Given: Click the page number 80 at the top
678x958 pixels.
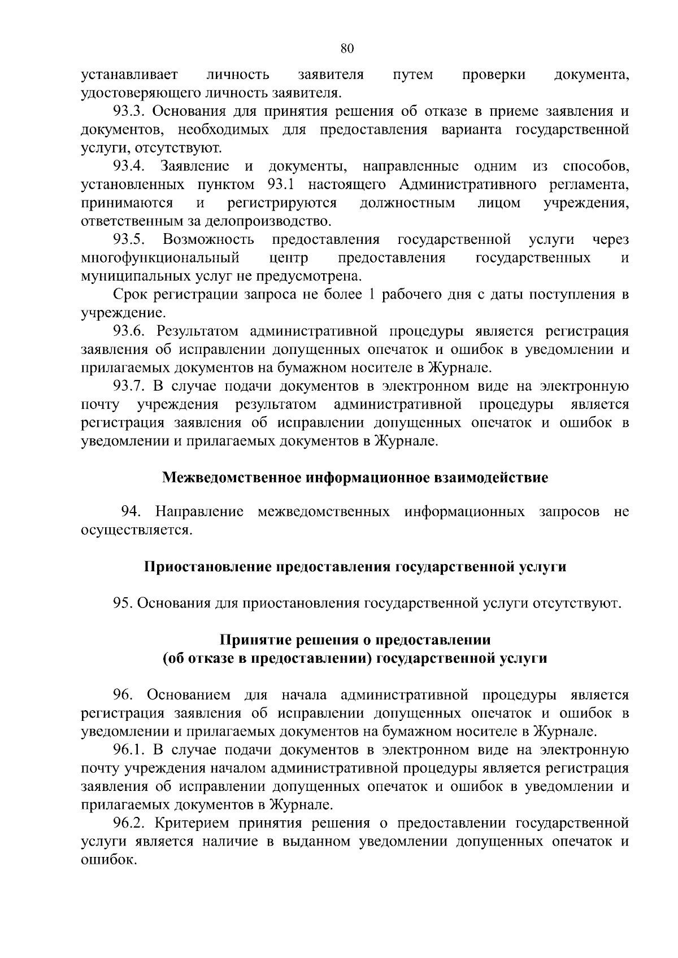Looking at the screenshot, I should pyautogui.click(x=347, y=49).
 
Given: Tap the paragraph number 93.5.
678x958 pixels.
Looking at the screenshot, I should pyautogui.click(x=129, y=240).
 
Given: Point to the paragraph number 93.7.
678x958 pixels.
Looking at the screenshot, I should pyautogui.click(x=129, y=387).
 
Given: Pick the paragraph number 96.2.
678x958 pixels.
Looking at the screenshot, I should pyautogui.click(x=129, y=823).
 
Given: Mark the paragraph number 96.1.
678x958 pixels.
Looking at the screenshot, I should pyautogui.click(x=129, y=750).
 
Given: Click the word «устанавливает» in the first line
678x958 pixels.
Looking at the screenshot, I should pyautogui.click(x=129, y=75).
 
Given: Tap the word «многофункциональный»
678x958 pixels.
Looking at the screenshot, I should pyautogui.click(x=160, y=259).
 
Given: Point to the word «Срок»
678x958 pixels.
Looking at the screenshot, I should pyautogui.click(x=129, y=295).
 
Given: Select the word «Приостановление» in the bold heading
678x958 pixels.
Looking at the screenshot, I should pyautogui.click(x=207, y=567).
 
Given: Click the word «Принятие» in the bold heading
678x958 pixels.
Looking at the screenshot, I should pyautogui.click(x=246, y=640).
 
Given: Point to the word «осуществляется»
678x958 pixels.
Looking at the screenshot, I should pyautogui.click(x=136, y=531).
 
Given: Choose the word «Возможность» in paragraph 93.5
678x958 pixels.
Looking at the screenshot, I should pyautogui.click(x=208, y=240).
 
